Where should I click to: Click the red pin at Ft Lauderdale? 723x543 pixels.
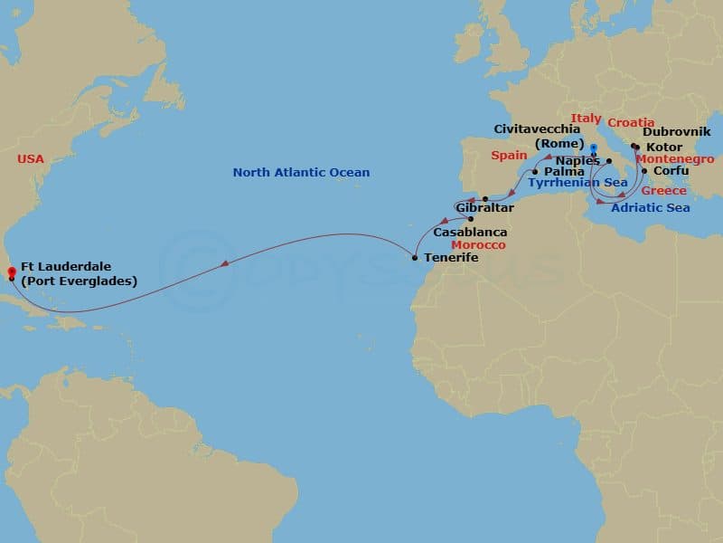10,270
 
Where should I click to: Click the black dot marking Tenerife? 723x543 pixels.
415,258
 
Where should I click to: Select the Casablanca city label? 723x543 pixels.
470,233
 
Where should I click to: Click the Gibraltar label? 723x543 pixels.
485,208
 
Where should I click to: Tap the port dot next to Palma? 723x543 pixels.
535,171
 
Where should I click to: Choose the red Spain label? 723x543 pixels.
509,156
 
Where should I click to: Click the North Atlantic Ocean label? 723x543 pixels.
301,172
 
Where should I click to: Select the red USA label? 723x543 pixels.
30,158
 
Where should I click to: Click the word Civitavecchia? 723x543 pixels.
538,129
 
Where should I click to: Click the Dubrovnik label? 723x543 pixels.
676,132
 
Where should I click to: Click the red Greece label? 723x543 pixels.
663,191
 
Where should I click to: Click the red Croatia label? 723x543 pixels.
631,122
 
